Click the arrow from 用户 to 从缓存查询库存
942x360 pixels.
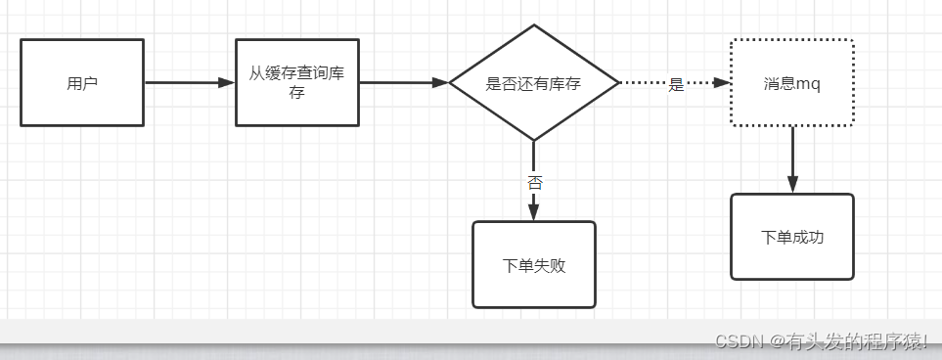(x=189, y=83)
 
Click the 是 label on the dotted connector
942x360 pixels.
(x=676, y=84)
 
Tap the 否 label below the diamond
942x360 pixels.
(x=534, y=182)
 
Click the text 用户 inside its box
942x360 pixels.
(x=82, y=83)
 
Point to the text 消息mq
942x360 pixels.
(x=792, y=83)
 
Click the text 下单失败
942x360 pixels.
(x=534, y=265)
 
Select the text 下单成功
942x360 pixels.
(x=792, y=237)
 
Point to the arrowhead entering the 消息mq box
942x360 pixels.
(x=723, y=83)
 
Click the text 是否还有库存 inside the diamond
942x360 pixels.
(x=533, y=84)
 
